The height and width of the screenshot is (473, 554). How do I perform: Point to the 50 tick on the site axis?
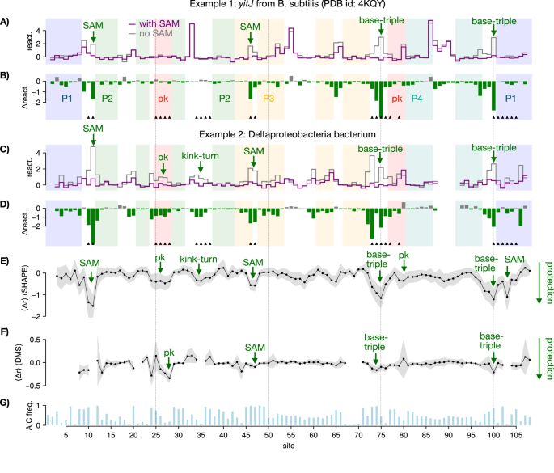[x=268, y=436]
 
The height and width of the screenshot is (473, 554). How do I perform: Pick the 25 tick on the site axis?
[x=155, y=436]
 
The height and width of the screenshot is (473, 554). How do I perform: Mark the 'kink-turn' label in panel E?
[x=198, y=259]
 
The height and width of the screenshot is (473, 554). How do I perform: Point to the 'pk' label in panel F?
[x=169, y=353]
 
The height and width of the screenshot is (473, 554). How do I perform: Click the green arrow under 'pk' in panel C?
[x=163, y=168]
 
